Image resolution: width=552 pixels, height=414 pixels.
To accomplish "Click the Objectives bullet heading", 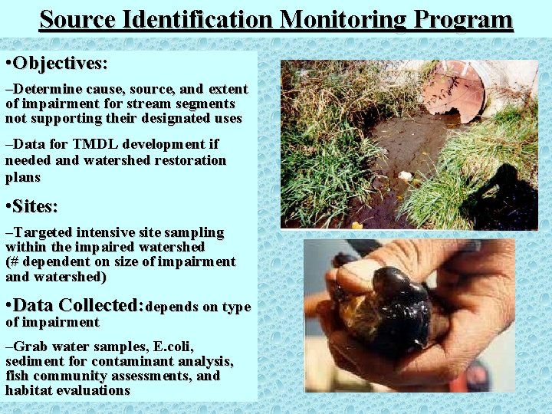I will click(x=60, y=61).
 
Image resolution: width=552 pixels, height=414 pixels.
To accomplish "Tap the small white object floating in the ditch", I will click(x=406, y=176).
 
